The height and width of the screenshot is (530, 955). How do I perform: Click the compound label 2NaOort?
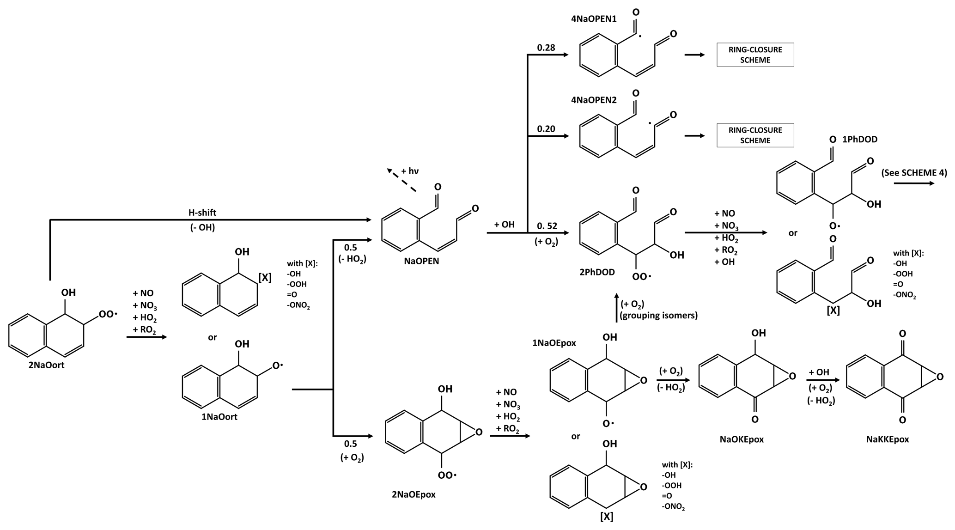click(46, 366)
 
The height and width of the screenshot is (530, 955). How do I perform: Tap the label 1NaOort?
click(219, 417)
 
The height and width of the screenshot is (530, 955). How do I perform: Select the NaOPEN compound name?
click(421, 261)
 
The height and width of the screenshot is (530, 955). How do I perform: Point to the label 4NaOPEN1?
click(594, 19)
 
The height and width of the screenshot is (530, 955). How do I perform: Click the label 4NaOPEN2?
click(594, 100)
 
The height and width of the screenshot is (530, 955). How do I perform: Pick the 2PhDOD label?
click(597, 273)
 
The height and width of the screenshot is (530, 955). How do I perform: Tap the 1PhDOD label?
click(859, 140)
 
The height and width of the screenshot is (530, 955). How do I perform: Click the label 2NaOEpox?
click(414, 495)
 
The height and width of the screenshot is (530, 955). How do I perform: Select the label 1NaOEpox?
click(554, 343)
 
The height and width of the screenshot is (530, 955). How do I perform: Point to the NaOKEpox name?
click(742, 439)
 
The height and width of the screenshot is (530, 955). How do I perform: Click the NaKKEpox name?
click(888, 439)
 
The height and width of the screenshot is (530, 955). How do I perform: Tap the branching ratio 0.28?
click(546, 48)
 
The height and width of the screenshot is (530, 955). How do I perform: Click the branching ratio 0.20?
click(546, 129)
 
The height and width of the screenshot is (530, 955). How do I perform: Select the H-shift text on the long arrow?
click(202, 213)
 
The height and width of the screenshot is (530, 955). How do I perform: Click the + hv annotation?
click(410, 171)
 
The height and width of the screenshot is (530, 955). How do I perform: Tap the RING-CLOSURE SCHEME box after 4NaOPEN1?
click(755, 55)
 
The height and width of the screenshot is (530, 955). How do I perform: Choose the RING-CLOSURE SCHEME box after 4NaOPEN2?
click(755, 135)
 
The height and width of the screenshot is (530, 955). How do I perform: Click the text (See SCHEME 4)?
click(913, 173)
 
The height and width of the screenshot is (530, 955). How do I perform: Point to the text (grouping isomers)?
click(658, 316)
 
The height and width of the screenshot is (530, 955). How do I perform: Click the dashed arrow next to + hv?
click(401, 180)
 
